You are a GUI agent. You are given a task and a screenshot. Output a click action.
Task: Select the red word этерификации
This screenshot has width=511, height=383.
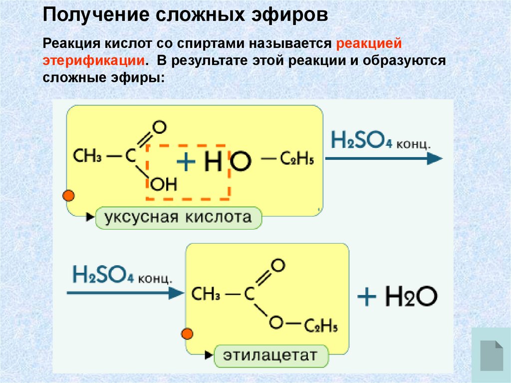94,61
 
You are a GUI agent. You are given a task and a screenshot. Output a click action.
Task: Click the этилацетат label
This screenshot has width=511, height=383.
270,356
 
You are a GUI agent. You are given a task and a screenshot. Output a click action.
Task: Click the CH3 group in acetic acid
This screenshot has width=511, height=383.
88,156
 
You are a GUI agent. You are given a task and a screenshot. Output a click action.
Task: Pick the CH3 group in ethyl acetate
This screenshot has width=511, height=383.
206,294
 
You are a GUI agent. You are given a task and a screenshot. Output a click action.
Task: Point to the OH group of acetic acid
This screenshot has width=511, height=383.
164,185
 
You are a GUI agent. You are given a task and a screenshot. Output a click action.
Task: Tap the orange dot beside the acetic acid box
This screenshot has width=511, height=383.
69,195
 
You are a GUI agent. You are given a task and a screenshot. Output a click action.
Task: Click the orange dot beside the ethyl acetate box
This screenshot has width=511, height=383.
188,334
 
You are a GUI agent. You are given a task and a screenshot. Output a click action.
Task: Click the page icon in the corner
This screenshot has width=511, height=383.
491,355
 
